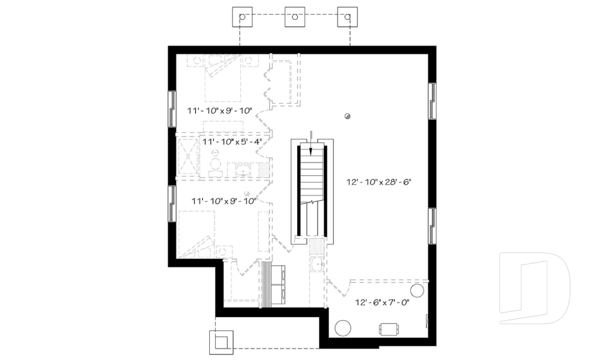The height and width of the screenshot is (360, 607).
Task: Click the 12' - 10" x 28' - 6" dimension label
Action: tap(379, 182)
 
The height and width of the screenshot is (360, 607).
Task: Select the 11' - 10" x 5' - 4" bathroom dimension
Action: tap(232, 142)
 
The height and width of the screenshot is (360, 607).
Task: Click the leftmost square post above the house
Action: tap(242, 17)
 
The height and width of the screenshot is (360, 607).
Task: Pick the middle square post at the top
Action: tap(295, 17)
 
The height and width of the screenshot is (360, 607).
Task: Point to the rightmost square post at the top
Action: tap(348, 17)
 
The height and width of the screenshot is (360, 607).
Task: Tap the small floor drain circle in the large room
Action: tap(347, 115)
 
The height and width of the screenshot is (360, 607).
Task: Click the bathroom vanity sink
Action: tap(243, 170)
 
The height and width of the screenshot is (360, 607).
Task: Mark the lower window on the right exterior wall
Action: tap(432, 226)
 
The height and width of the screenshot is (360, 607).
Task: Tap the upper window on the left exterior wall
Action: tap(171, 109)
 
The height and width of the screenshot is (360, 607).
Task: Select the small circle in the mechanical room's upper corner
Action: tap(417, 290)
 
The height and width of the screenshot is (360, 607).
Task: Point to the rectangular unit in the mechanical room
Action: tap(388, 328)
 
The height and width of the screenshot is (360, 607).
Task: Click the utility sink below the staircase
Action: tap(317, 264)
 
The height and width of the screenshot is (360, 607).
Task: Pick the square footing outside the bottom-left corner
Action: tap(221, 342)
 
